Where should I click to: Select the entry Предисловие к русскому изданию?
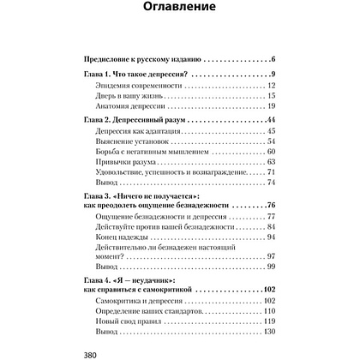point(136,59)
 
